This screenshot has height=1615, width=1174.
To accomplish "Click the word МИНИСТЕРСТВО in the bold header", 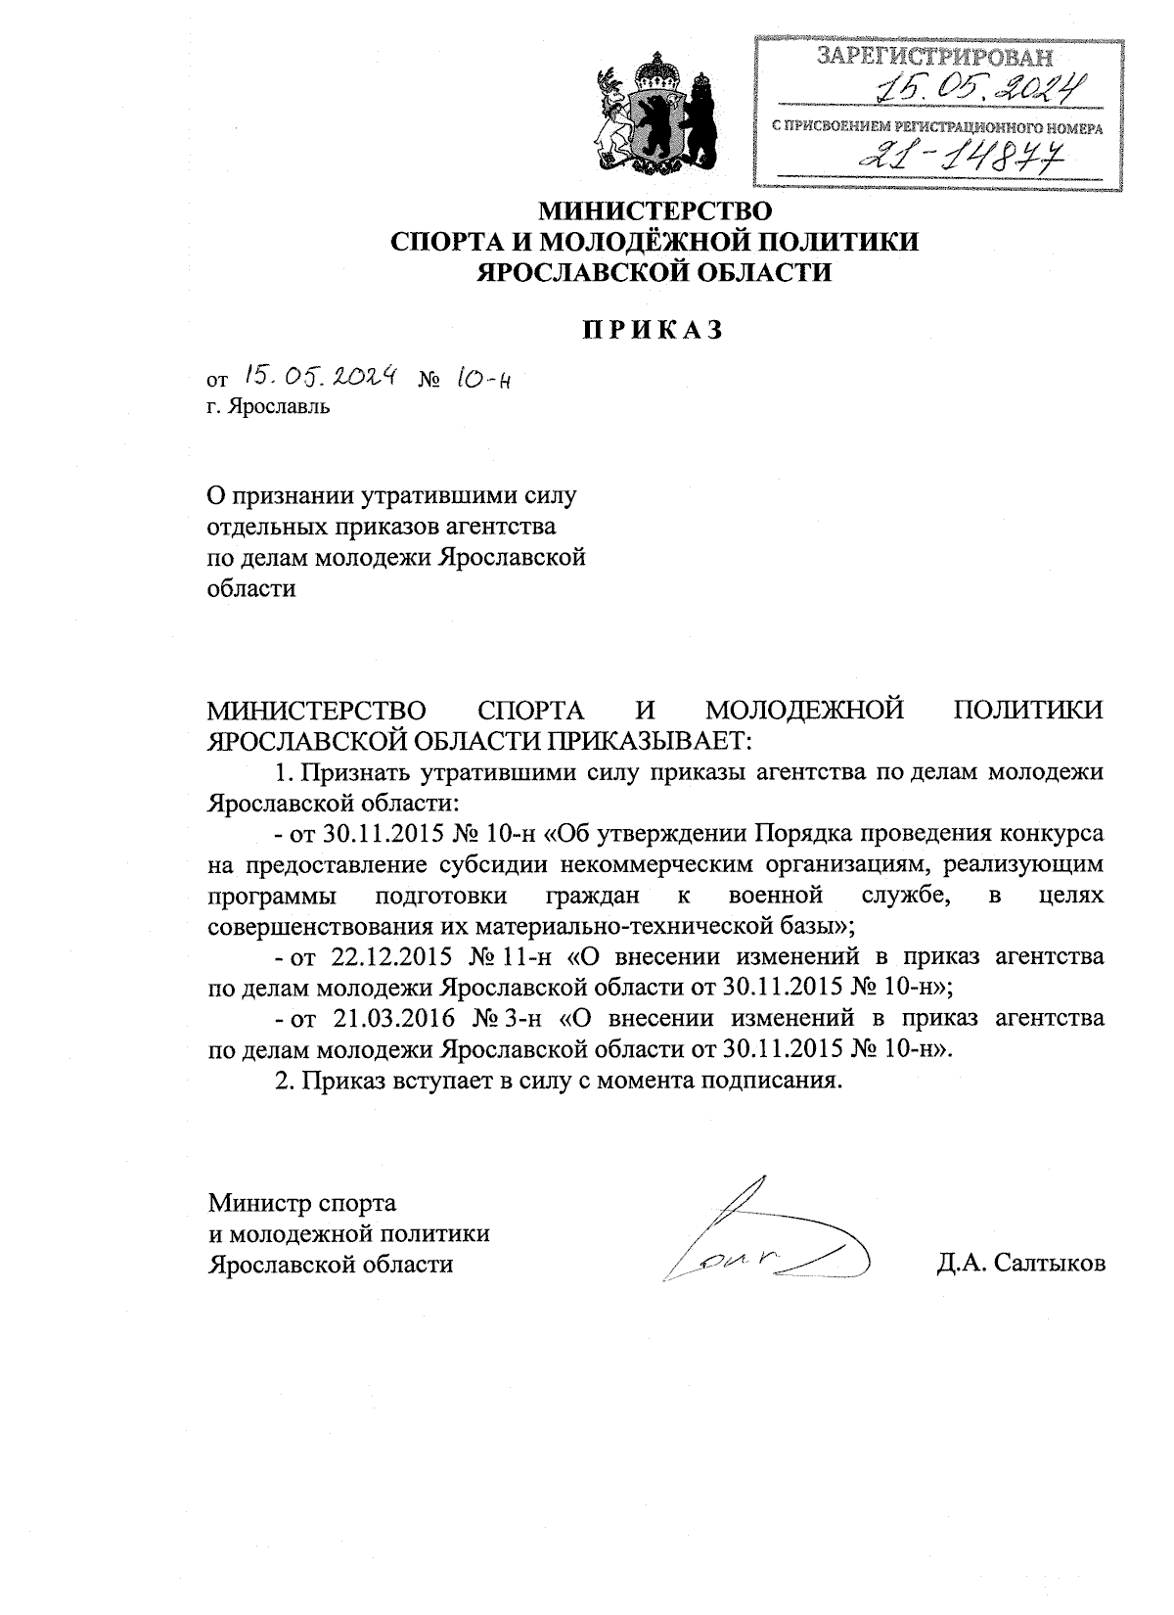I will coord(655,210).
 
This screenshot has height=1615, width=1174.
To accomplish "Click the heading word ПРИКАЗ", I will coord(655,330).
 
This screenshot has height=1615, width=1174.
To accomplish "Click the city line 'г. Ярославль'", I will coord(268,406).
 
